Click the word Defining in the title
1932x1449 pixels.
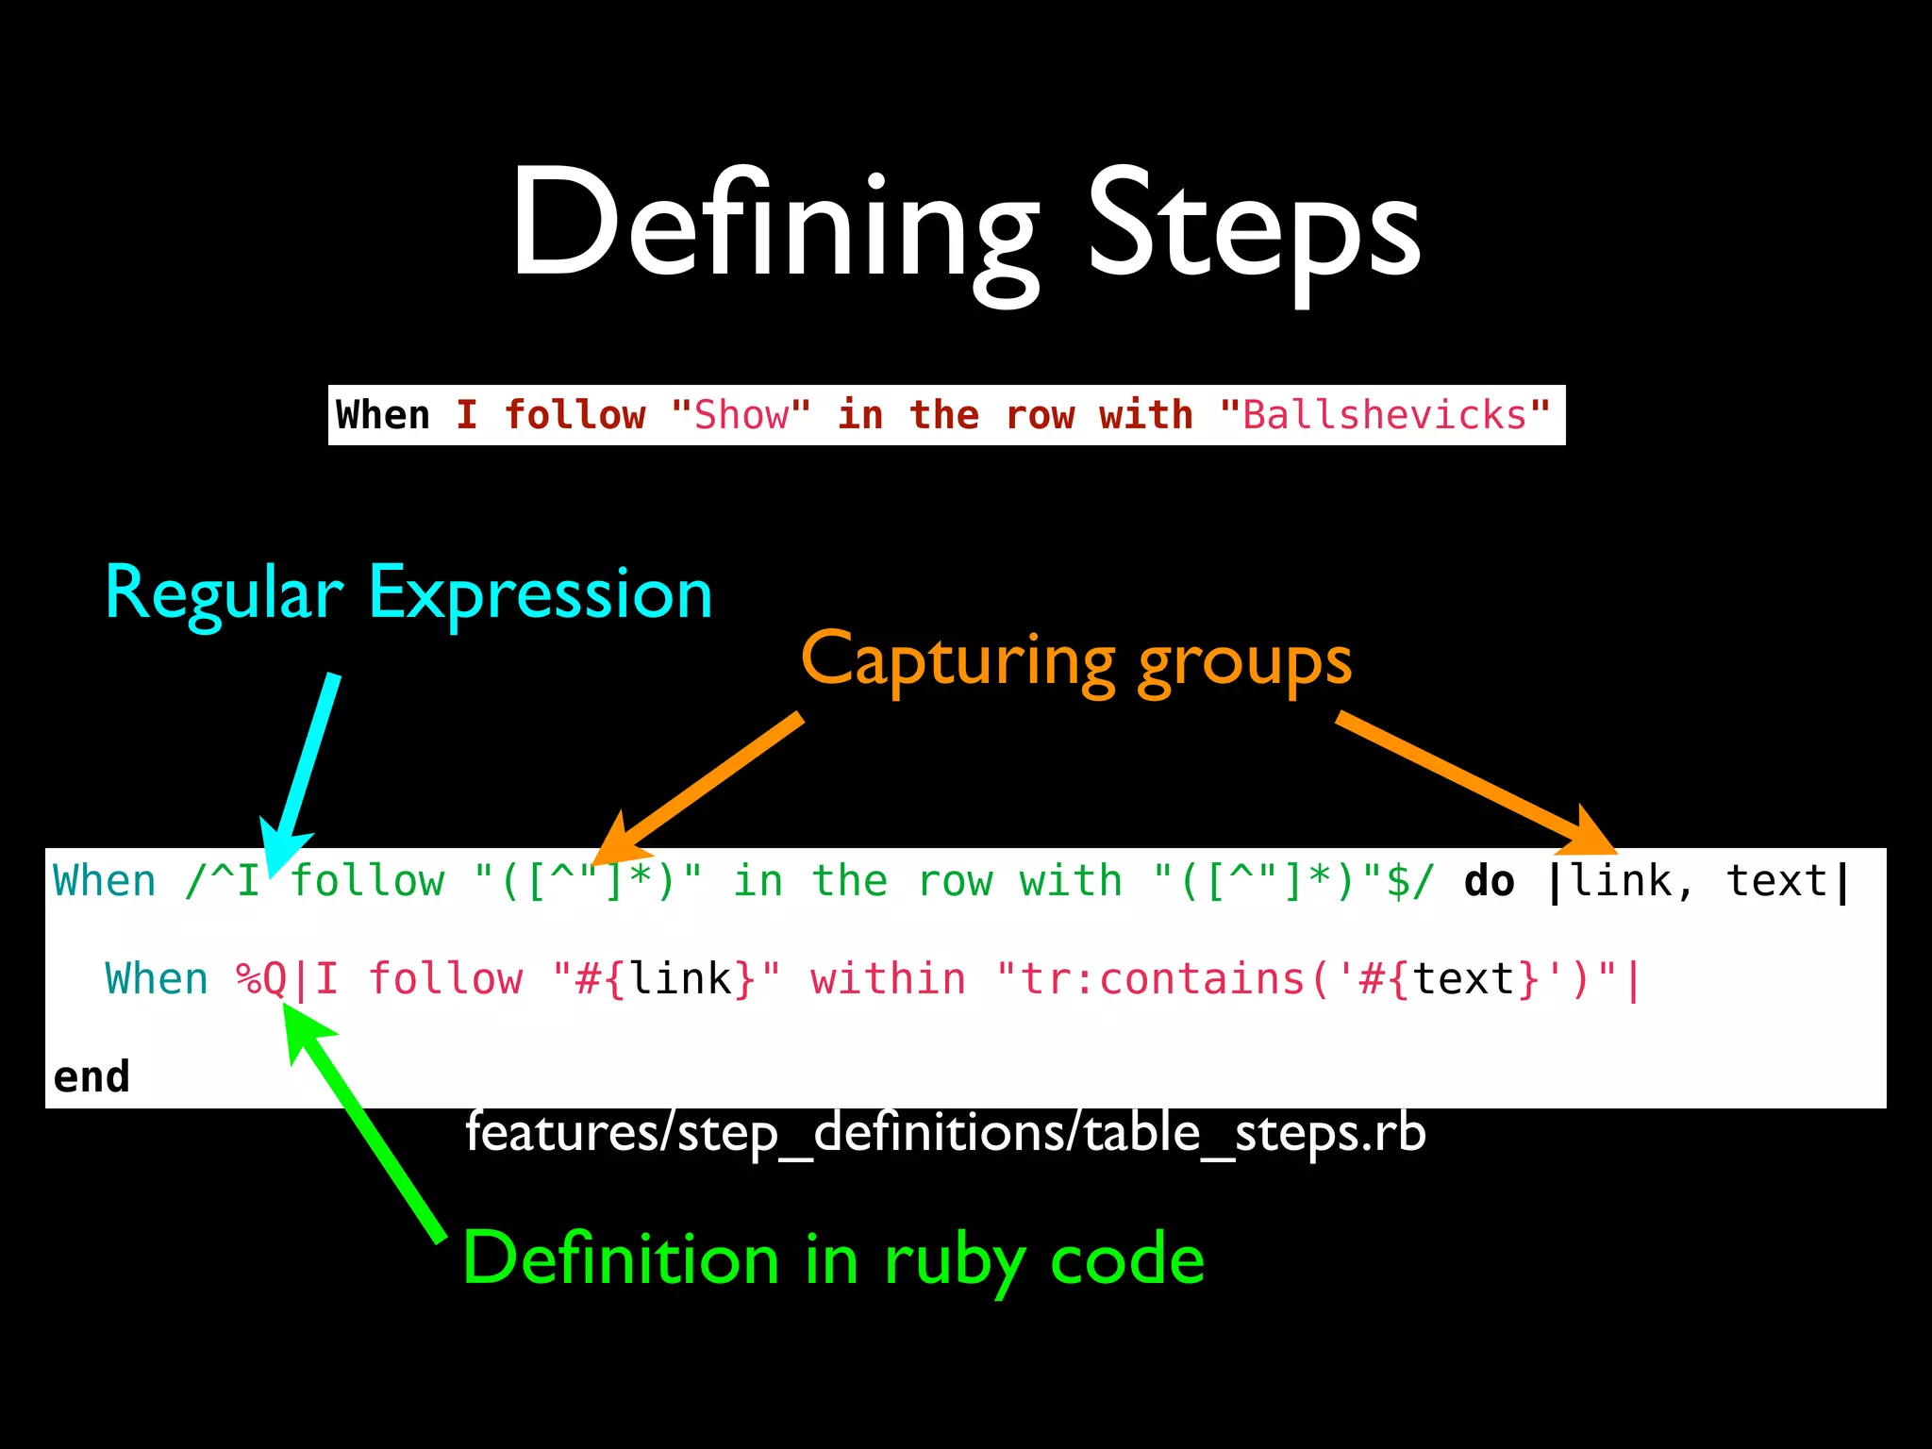coord(774,226)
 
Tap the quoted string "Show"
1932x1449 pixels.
coord(741,415)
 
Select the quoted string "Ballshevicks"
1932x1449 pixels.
coord(1384,415)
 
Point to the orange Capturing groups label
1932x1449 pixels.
coord(1075,660)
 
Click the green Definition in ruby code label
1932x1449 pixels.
coord(834,1259)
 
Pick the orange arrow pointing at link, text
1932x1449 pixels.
coord(1472,783)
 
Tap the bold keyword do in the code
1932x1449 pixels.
coord(1489,881)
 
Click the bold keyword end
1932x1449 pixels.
coord(91,1076)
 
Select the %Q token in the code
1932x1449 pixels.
coord(261,979)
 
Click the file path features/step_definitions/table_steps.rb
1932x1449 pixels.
coord(945,1132)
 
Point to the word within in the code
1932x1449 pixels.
coord(888,979)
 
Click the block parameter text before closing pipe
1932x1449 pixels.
coord(1776,881)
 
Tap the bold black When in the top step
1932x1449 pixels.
coord(382,415)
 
